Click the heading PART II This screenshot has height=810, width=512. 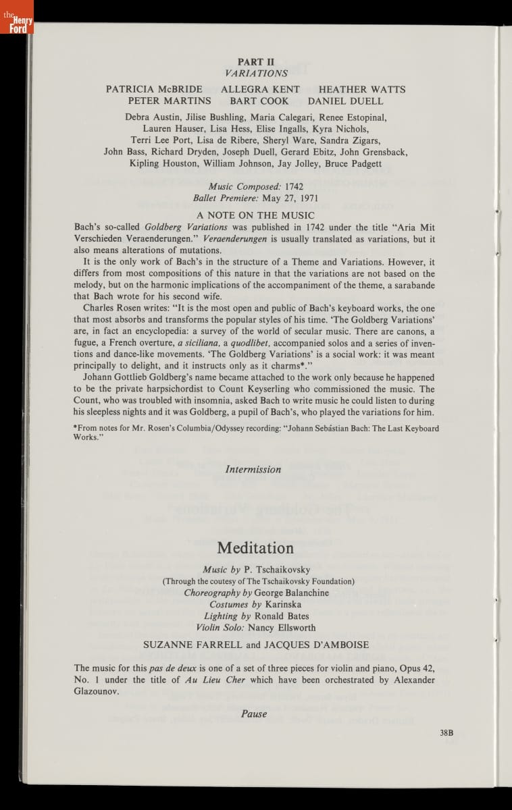click(x=255, y=61)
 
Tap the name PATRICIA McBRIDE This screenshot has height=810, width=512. click(x=154, y=89)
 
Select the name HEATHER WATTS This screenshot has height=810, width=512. click(x=362, y=89)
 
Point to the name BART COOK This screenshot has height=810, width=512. click(x=259, y=101)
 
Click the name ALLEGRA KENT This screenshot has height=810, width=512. click(x=260, y=89)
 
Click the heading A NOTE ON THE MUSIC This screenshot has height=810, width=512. click(x=255, y=215)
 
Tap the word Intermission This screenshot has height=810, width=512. click(x=253, y=469)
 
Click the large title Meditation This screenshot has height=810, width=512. click(x=255, y=547)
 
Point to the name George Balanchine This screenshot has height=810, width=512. click(x=292, y=593)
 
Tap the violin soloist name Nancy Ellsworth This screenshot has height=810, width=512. click(x=282, y=627)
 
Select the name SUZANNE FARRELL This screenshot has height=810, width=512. click(x=193, y=645)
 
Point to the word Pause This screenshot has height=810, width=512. click(x=254, y=713)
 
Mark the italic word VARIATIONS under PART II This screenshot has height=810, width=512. click(x=256, y=73)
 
